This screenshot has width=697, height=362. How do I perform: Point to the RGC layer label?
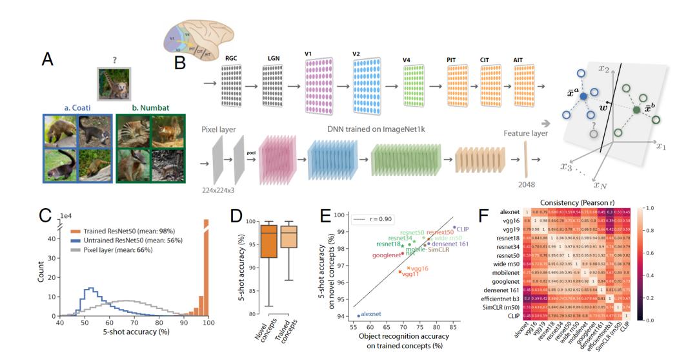232,58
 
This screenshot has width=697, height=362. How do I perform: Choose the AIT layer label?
518,61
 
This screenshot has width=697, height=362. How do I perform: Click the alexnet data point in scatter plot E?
358,315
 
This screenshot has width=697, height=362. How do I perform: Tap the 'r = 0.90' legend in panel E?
374,220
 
